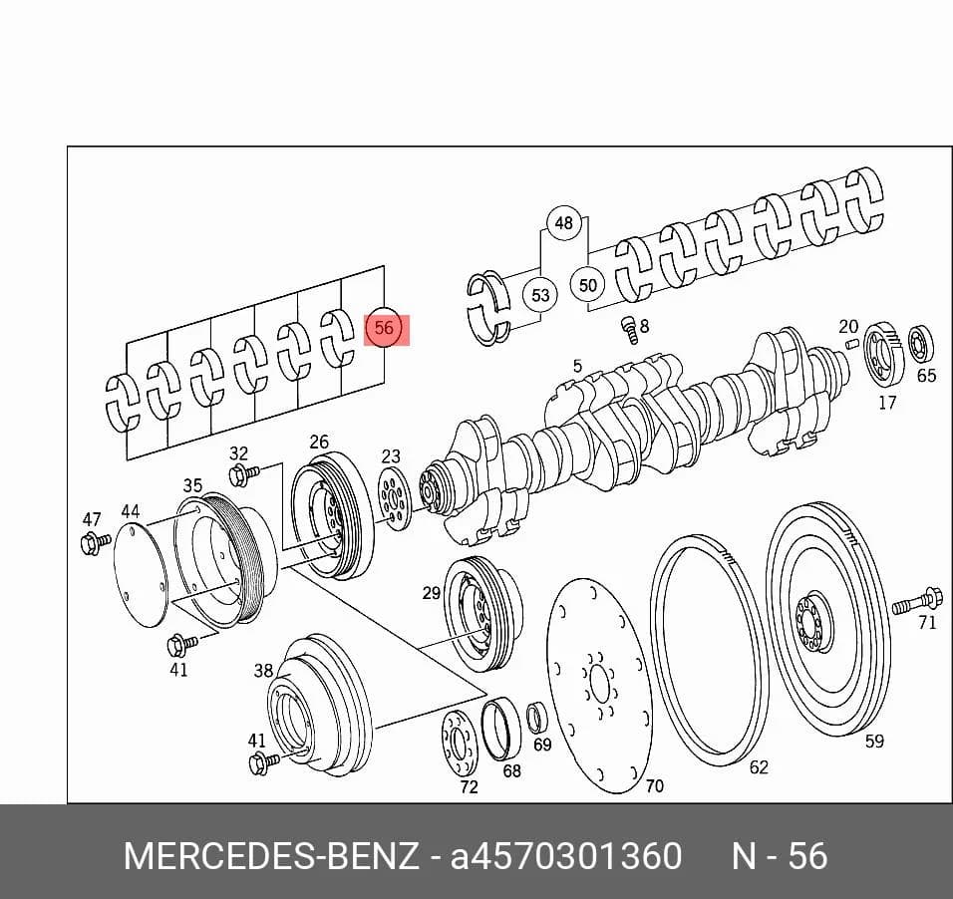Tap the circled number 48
[x=564, y=223]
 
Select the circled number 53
[x=540, y=295]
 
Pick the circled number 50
[x=587, y=285]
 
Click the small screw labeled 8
[x=629, y=330]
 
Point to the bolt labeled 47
[x=95, y=541]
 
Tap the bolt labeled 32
[x=243, y=473]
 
